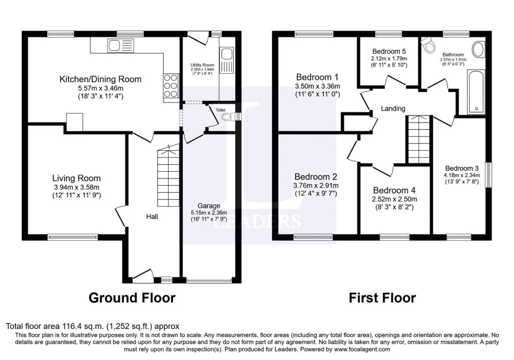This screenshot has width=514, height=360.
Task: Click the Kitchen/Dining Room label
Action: (100, 79)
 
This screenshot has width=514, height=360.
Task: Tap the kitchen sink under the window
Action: (113, 46)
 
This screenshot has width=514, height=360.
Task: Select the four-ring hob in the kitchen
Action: (171, 85)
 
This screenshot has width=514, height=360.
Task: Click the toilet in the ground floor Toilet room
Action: (227, 117)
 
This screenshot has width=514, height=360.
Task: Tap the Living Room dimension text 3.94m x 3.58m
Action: (76, 188)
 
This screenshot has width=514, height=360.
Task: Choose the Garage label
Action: (209, 206)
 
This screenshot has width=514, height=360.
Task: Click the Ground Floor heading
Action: (132, 298)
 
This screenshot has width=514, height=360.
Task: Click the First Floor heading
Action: (382, 298)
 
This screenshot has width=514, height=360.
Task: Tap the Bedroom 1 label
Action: (317, 77)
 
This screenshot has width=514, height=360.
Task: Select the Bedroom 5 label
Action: (389, 51)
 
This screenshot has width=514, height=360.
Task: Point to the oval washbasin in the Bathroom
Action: (479, 50)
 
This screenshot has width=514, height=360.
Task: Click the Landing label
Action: (393, 108)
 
